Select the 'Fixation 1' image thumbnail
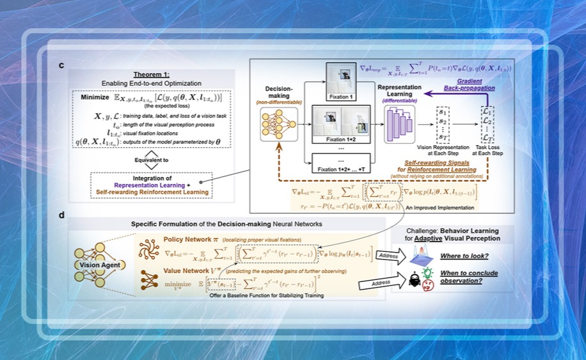pos(338,79)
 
